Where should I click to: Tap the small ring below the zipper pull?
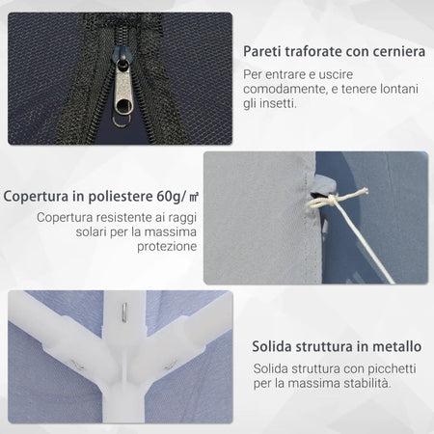point(122,122)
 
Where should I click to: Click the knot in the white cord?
point(332,201)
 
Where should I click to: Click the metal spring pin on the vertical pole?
point(124,312)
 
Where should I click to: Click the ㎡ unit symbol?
point(194,196)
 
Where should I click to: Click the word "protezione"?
point(167,246)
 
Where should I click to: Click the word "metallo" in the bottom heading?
point(397,346)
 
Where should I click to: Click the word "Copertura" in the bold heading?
point(36,196)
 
